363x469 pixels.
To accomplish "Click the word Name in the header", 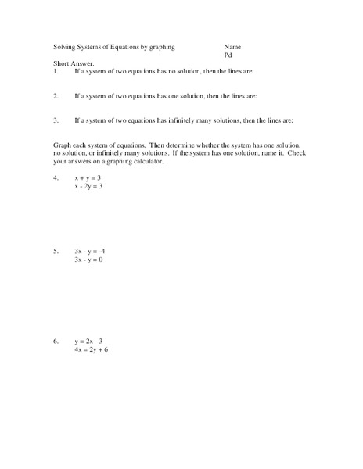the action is [x=232, y=47].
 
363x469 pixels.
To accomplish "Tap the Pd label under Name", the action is [x=228, y=55].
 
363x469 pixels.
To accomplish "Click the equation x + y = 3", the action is [x=88, y=178].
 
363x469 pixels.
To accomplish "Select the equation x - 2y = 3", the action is [x=89, y=187].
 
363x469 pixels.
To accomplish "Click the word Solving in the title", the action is [x=65, y=47].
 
